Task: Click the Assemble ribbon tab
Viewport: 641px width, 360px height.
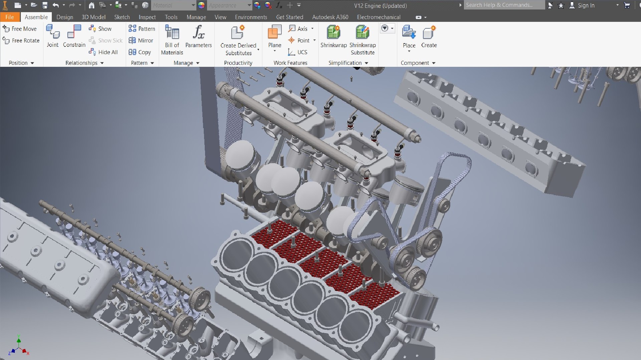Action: [36, 17]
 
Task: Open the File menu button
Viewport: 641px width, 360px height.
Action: [9, 17]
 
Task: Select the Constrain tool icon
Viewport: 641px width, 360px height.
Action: [74, 33]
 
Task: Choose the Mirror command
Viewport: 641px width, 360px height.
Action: [141, 40]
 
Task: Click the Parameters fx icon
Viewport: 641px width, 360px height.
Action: [198, 33]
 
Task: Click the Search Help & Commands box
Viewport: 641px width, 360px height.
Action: [503, 5]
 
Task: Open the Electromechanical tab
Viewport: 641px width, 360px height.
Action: [379, 17]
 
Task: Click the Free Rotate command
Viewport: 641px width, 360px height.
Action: [21, 40]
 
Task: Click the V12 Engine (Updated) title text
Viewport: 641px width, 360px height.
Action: [380, 6]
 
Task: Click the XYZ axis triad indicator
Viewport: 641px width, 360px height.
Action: [19, 347]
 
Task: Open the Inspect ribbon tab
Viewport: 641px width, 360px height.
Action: [147, 17]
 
